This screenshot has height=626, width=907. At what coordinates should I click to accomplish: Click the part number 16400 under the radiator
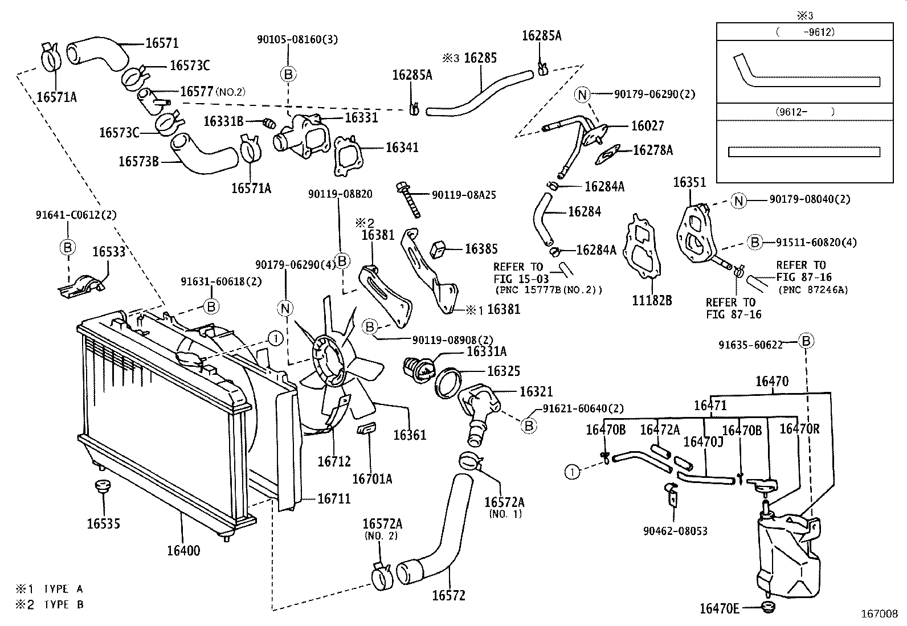tap(183, 551)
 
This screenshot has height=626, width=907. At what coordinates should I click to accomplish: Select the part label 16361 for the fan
tap(409, 435)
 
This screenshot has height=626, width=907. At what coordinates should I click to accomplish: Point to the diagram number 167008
tap(879, 615)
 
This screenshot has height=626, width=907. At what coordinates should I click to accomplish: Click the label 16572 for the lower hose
tap(448, 596)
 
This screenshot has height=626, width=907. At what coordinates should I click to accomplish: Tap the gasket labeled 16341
tap(345, 152)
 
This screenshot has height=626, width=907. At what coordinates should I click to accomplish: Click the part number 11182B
tap(652, 300)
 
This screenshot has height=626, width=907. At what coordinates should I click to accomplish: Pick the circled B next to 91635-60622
tap(806, 341)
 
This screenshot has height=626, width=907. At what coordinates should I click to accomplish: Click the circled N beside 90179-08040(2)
tap(739, 200)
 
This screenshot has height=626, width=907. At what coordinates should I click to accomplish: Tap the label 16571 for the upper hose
tap(162, 43)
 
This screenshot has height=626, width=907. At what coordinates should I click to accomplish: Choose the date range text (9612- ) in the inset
tap(803, 112)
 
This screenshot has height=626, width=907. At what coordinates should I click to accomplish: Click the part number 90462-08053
tap(675, 531)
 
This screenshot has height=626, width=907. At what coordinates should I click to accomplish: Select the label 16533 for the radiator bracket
tap(109, 251)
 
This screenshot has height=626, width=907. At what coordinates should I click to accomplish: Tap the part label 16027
tap(647, 126)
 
